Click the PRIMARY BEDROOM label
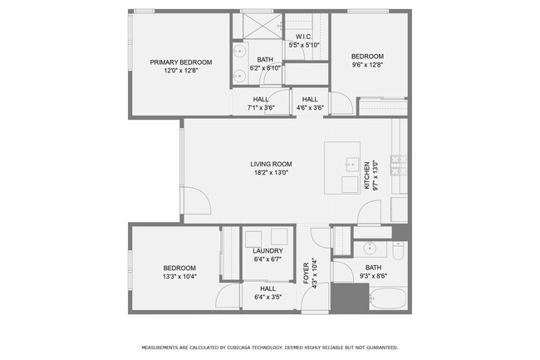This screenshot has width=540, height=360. coord(180,62)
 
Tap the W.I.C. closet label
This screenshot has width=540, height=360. coord(304,37)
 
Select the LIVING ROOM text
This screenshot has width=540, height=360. coord(271,164)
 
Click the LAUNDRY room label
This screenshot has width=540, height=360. coord(268,250)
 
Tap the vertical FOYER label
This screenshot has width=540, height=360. coord(306,272)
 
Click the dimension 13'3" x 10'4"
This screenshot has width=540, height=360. coord(174,276)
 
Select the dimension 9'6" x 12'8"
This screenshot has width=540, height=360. coord(366,65)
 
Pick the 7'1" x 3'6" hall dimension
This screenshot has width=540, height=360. coord(261,107)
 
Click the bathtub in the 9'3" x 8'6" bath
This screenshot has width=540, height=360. coord(388,298)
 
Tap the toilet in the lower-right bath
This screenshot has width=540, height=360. coord(397,249)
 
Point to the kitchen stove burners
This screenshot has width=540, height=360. coord(396,166)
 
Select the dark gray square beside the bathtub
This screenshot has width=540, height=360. coord(350,297)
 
